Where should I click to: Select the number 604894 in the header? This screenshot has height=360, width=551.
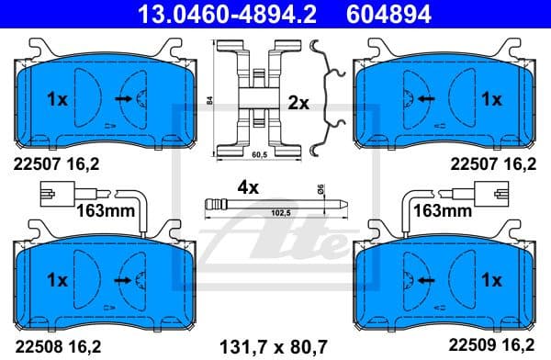386,13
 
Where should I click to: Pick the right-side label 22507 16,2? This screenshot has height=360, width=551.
491,165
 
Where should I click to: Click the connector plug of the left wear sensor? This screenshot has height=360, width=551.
57,194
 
